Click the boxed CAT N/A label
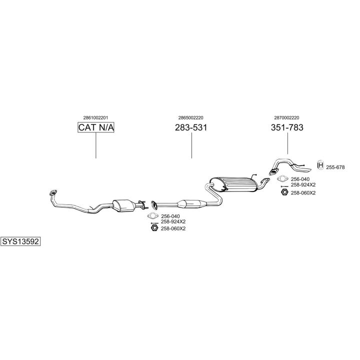96,128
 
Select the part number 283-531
191,128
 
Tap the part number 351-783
287,128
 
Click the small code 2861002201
96,118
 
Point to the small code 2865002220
191,118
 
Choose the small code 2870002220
287,118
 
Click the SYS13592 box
20,241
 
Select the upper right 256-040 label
300,179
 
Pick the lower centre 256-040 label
170,216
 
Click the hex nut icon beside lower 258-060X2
154,228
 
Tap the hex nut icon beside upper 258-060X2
283,192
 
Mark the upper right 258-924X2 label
303,184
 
